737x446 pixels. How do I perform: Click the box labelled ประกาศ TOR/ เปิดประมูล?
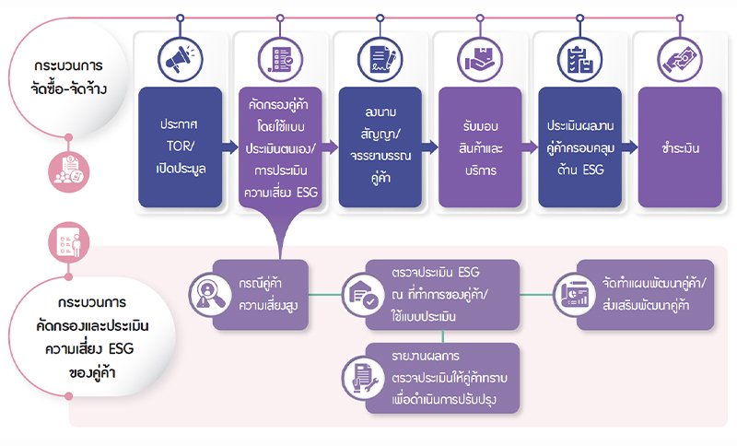click(180, 146)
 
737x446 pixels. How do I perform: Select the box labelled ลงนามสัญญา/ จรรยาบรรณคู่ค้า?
click(380, 146)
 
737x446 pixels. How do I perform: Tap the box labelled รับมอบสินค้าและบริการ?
click(480, 146)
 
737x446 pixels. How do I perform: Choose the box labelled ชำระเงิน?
click(680, 146)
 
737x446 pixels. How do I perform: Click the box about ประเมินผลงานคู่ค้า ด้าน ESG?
click(580, 146)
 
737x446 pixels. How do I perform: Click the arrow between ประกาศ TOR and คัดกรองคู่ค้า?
click(229, 147)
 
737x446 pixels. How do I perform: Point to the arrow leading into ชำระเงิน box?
click(630, 147)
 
